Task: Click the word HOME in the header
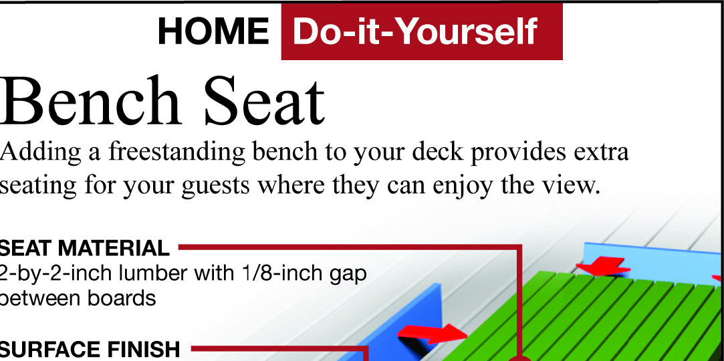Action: coord(213,31)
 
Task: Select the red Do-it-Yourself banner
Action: coord(421,31)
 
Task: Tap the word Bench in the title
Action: coord(91,102)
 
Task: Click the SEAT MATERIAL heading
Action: coord(84,249)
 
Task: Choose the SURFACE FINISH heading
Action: coord(90,349)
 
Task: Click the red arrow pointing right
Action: coord(431,333)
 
